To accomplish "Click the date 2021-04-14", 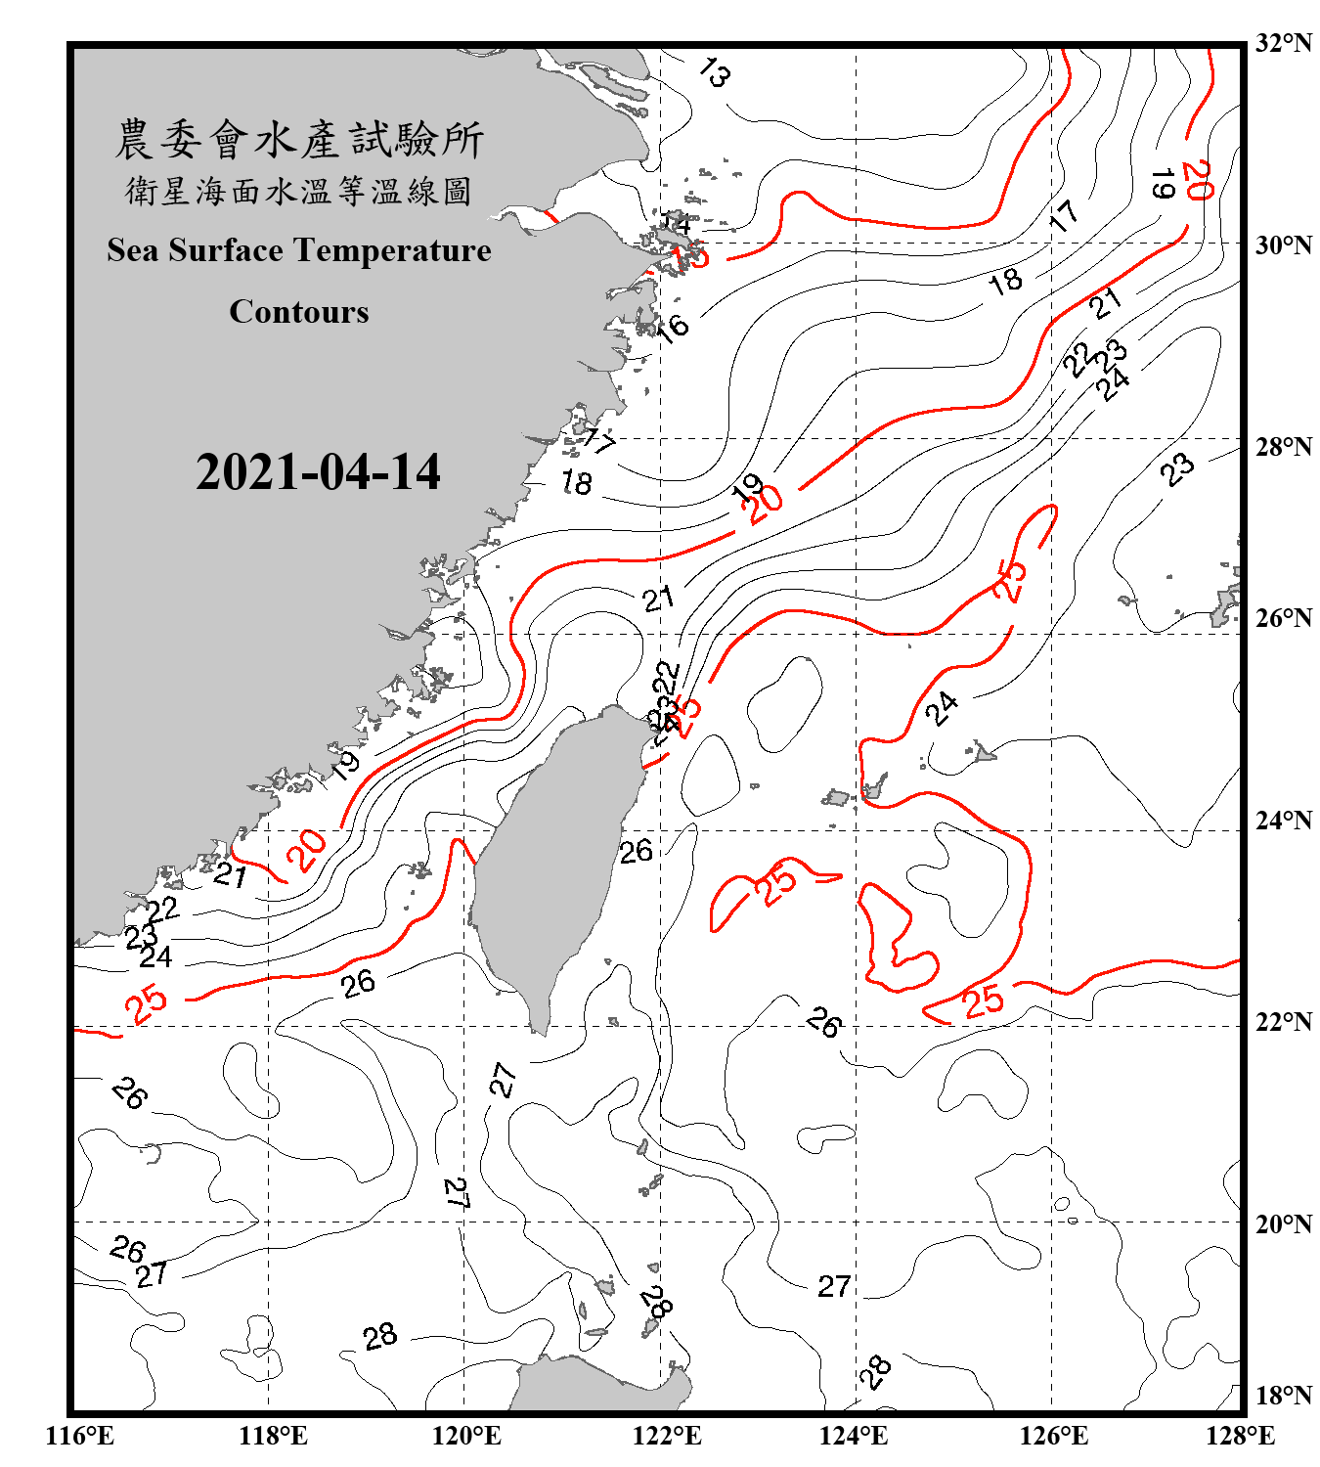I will click(x=318, y=472).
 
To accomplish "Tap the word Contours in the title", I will click(x=298, y=312).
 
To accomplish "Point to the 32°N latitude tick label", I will click(x=1283, y=43).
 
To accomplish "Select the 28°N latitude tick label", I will click(x=1283, y=447).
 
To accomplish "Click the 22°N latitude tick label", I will click(x=1283, y=1022).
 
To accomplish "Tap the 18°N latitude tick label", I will click(x=1283, y=1396).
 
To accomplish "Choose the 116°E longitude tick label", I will click(x=80, y=1436).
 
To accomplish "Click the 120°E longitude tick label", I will click(x=466, y=1436).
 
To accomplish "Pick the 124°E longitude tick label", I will click(x=854, y=1436).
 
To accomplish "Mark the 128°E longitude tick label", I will click(x=1240, y=1436).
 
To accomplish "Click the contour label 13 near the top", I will click(x=715, y=72).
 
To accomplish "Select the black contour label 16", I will click(x=674, y=326).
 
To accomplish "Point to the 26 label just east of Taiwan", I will click(x=636, y=851).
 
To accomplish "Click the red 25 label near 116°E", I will click(x=147, y=1003).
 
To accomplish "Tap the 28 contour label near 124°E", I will click(x=875, y=1371).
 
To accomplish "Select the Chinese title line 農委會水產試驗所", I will click(x=298, y=139).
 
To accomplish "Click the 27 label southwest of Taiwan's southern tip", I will click(x=503, y=1080).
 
